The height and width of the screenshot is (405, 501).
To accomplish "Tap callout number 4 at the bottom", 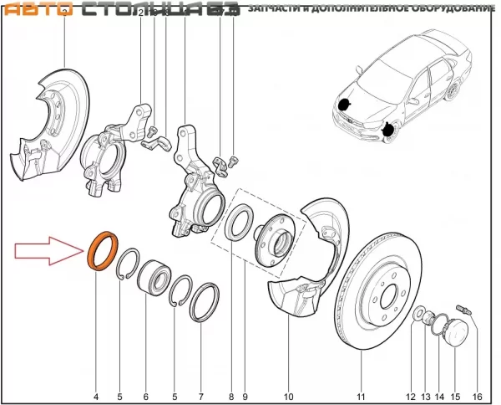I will tap(95, 396).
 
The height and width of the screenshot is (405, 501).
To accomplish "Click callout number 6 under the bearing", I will tap(146, 396).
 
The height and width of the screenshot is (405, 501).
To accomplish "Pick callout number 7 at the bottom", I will tap(200, 396).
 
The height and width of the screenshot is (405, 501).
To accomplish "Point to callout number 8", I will tap(231, 396).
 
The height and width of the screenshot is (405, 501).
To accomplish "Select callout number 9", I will tap(245, 396).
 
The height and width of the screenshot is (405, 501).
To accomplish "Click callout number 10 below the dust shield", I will tap(289, 396).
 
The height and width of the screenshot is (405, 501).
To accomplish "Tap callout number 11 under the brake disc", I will tap(362, 396).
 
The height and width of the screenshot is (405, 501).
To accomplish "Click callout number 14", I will tap(439, 396).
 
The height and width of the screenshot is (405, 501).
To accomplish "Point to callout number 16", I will tap(478, 396).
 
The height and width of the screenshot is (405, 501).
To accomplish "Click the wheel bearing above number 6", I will tap(152, 277).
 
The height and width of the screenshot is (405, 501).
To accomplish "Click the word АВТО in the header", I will tap(40, 9).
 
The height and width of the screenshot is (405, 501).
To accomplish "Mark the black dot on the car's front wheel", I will tap(388, 130).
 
